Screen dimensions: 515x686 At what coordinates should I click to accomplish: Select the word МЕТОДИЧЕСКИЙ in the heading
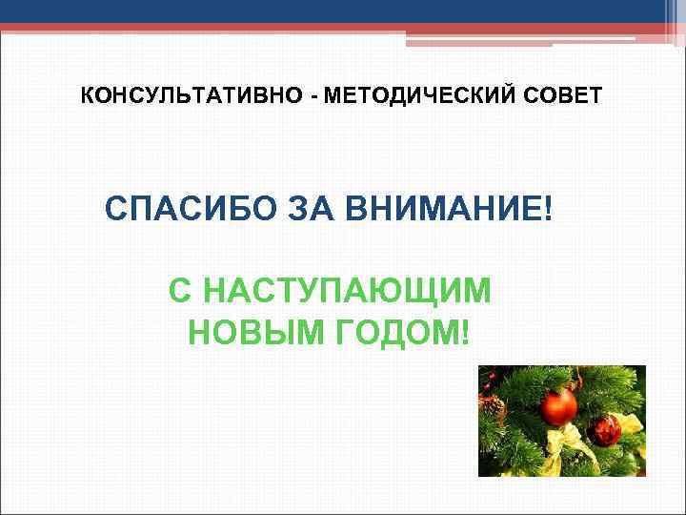pyautogui.click(x=383, y=97)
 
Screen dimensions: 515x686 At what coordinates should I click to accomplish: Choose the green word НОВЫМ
pyautogui.click(x=251, y=333)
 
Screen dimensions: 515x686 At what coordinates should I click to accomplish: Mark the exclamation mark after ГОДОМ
pyautogui.click(x=465, y=333)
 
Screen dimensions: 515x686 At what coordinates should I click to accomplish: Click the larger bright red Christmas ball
pyautogui.click(x=558, y=406)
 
